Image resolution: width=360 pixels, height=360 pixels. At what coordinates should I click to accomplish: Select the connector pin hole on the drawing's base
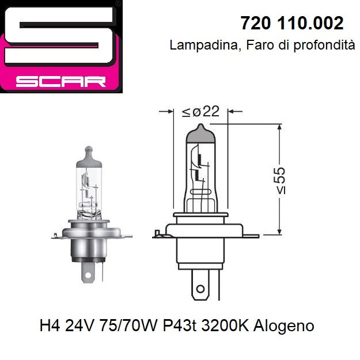[x=199, y=288]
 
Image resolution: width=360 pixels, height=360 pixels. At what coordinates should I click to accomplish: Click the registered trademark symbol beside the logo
[x=118, y=3]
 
